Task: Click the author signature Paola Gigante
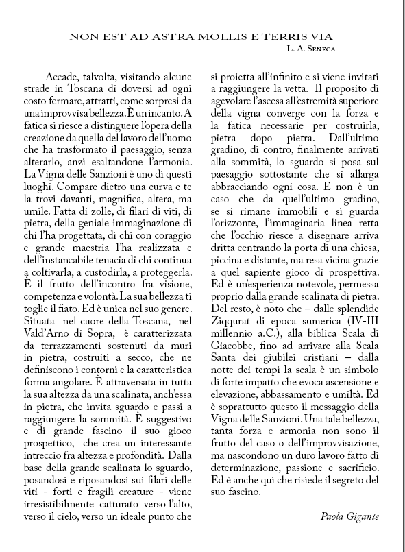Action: (x=349, y=515)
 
